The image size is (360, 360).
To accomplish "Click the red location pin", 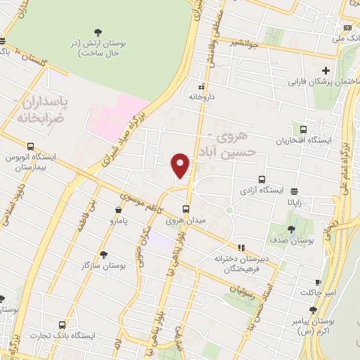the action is pos(181,165).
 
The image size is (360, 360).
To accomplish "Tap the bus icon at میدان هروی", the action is pos(186,209).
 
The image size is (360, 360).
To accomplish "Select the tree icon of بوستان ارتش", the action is pos(97,32).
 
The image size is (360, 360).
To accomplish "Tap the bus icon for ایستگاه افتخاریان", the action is pos(303,130).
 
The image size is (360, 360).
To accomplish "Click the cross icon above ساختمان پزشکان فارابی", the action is pos(325,70).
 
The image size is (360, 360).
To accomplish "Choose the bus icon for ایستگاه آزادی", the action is pos(262,179).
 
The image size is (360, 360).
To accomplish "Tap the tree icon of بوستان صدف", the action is pos(292,229).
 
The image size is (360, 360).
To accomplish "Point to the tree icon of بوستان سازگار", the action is pos(104,255).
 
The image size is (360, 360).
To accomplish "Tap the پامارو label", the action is pos(103,222).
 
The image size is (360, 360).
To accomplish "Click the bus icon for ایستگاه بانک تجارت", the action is pos(62,325).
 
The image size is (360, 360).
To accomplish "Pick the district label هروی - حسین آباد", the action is pos(233,142).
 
